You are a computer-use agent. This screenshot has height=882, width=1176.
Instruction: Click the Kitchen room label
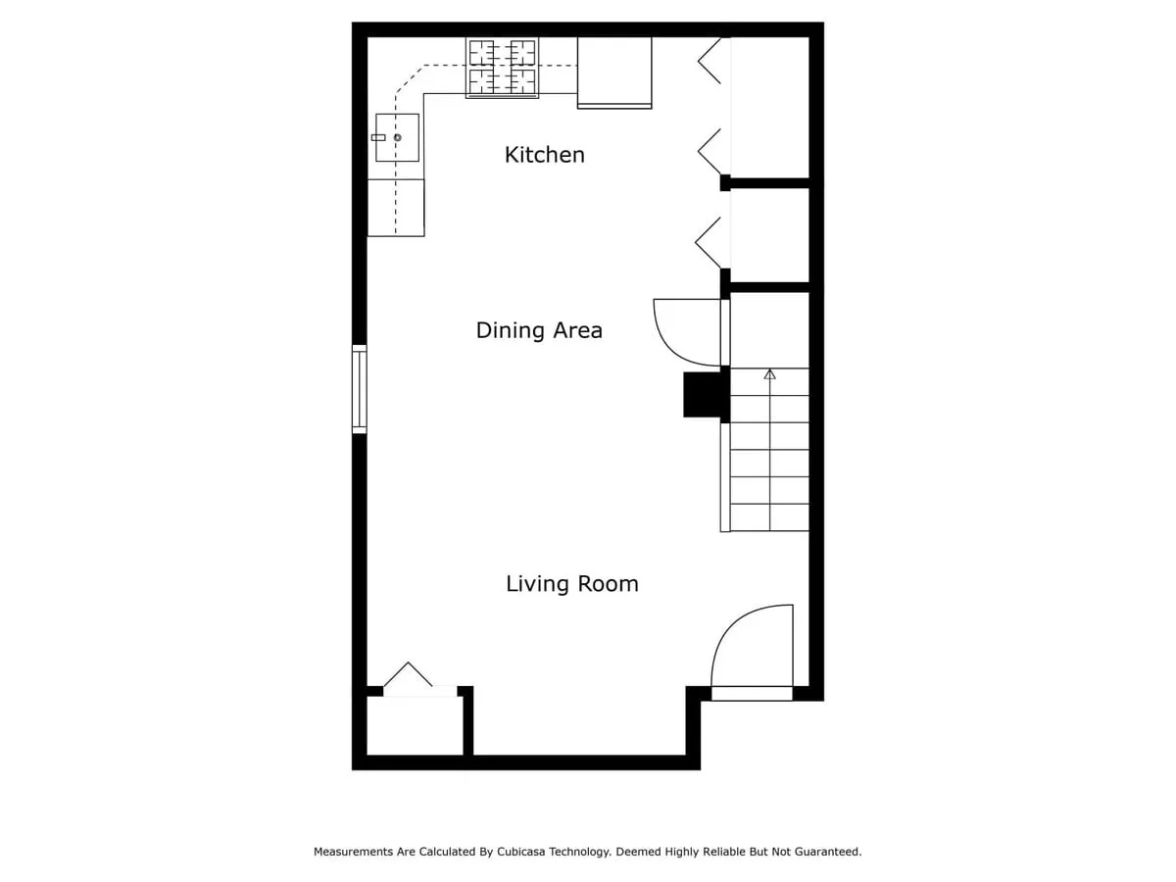pyautogui.click(x=544, y=155)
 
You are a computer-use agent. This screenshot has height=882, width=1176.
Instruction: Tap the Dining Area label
pyautogui.click(x=538, y=330)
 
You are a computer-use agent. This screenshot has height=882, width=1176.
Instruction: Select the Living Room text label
pyautogui.click(x=571, y=584)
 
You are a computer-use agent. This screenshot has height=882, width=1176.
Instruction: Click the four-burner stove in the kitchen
pyautogui.click(x=502, y=68)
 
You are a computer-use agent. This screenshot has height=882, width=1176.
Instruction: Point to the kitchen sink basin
pyautogui.click(x=397, y=137)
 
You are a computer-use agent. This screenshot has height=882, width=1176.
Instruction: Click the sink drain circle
pyautogui.click(x=398, y=137)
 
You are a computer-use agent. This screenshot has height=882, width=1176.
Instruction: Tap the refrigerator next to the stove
pyautogui.click(x=614, y=73)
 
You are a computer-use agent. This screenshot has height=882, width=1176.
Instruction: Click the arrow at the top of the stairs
pyautogui.click(x=769, y=373)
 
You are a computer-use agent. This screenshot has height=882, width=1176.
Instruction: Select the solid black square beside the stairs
pyautogui.click(x=703, y=395)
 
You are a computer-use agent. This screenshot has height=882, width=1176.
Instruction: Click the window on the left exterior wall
pyautogui.click(x=360, y=389)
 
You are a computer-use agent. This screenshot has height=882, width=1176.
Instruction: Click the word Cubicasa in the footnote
pyautogui.click(x=521, y=852)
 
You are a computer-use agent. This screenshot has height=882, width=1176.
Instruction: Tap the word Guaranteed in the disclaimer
pyautogui.click(x=828, y=852)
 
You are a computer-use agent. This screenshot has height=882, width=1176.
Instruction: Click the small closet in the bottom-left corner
pyautogui.click(x=415, y=725)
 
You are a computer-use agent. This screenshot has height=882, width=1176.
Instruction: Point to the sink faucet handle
pyautogui.click(x=378, y=137)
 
